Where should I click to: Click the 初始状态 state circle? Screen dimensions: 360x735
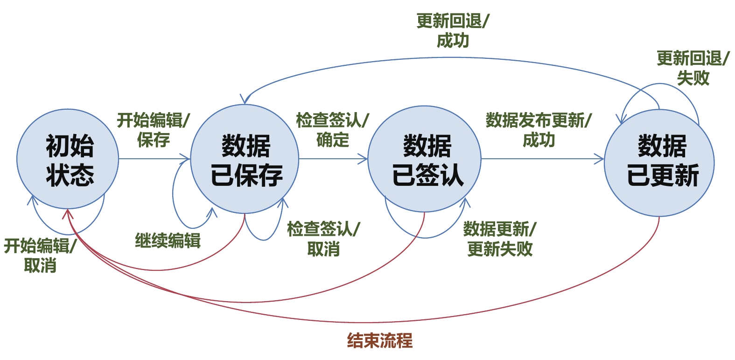coord(68,159)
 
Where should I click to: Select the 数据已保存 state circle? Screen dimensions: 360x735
coord(245,159)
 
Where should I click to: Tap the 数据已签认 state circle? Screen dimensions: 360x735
coord(425,159)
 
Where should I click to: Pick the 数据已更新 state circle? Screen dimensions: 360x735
coord(659,162)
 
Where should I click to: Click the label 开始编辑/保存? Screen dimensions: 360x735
coord(153,130)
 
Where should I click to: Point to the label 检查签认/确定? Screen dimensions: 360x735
coord(332,130)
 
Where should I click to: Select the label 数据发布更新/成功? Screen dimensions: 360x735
coord(539,130)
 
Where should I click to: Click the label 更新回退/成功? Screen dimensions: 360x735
coord(453,31)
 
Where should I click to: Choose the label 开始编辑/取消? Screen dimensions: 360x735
coord(40,255)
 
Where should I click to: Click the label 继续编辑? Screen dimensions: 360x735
coord(168,240)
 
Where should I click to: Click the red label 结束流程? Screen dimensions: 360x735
coord(380,341)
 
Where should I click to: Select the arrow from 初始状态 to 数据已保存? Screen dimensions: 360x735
coord(154,159)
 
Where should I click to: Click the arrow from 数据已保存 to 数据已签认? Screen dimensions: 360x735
coord(333,159)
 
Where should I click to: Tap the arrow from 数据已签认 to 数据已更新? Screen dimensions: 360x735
coord(541,159)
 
